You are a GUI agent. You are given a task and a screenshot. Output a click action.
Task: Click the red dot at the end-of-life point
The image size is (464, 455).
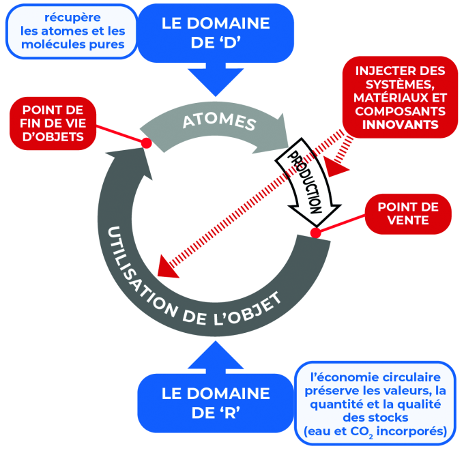point(145,143)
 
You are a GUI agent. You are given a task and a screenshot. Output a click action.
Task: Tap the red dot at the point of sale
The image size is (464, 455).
point(315,233)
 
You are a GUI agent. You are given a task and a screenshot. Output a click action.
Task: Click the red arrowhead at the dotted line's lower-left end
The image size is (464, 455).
point(166,266)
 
